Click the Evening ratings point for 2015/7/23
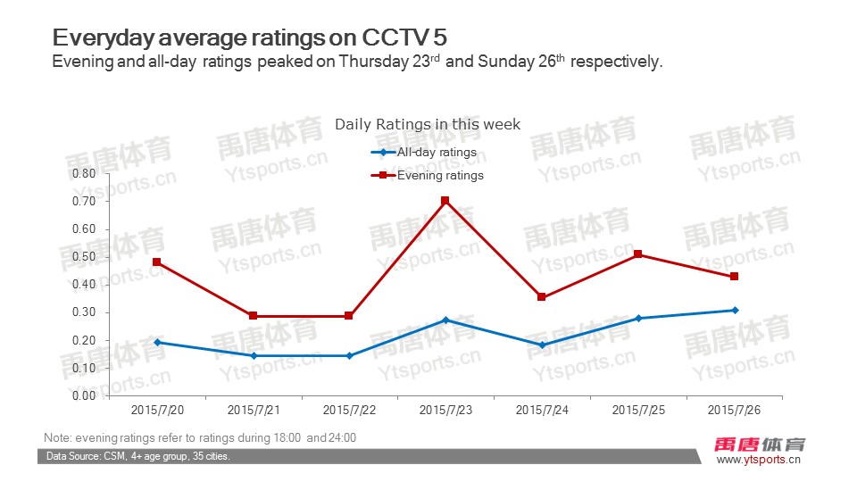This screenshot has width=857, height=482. click(x=445, y=201)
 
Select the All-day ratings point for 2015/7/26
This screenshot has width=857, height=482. click(x=735, y=310)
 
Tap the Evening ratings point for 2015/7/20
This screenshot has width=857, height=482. click(x=156, y=262)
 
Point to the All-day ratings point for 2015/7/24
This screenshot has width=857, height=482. click(x=541, y=345)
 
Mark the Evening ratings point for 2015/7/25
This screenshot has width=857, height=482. click(x=637, y=254)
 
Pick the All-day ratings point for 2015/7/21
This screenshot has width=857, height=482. click(x=253, y=355)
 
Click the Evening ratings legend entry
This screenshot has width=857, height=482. click(x=439, y=176)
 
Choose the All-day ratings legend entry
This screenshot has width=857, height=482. click(x=437, y=153)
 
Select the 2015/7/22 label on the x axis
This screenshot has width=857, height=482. click(x=349, y=411)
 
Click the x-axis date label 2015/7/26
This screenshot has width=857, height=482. click(x=734, y=411)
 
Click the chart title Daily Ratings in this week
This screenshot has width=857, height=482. click(x=428, y=124)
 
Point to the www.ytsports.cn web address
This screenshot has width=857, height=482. click(x=759, y=461)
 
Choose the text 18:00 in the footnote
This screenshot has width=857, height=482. click(x=287, y=438)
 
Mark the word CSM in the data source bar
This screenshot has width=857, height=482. click(x=117, y=457)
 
